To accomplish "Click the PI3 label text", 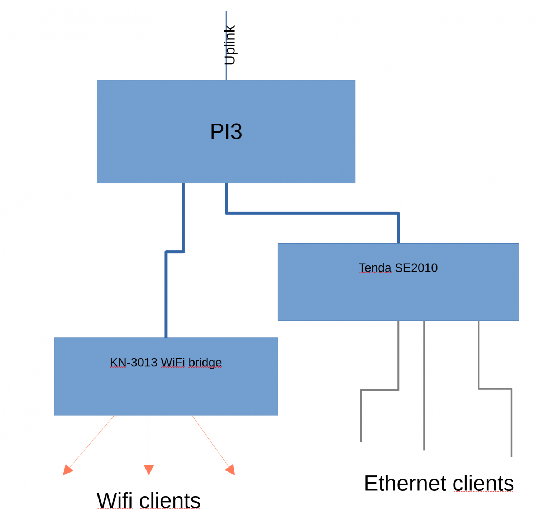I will coord(226,131).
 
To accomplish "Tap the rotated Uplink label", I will coord(229,45).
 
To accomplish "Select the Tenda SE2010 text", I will coord(398,268).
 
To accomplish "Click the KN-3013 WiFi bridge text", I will coord(166,363).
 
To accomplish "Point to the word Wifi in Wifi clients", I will coord(114,500).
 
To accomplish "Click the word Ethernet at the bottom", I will coord(405,483).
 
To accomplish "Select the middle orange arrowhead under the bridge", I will coord(149,469).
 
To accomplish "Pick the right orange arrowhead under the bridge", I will coord(231,469).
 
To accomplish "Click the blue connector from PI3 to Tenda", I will coord(312,213).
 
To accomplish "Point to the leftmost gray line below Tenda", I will coord(361,416).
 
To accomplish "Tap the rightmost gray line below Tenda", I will coord(511,423).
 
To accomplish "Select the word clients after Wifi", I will coord(170,500).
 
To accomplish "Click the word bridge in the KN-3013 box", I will coord(205,363).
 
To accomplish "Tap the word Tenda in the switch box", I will coord(375,268).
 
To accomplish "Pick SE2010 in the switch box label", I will coord(416,268).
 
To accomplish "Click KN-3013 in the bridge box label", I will coord(134,363).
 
